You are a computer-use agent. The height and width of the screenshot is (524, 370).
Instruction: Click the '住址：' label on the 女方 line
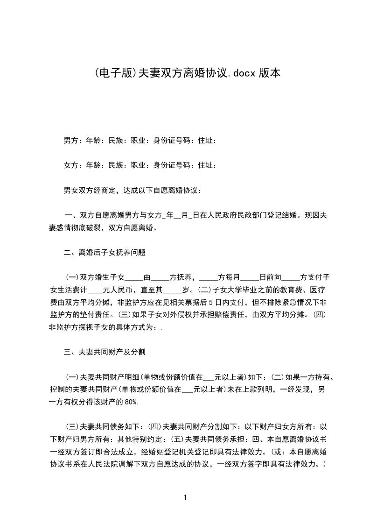[207, 165]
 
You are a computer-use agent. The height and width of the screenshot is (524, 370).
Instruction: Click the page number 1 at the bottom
[185, 498]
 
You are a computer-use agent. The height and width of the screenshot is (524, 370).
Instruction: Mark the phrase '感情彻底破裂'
[78, 228]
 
